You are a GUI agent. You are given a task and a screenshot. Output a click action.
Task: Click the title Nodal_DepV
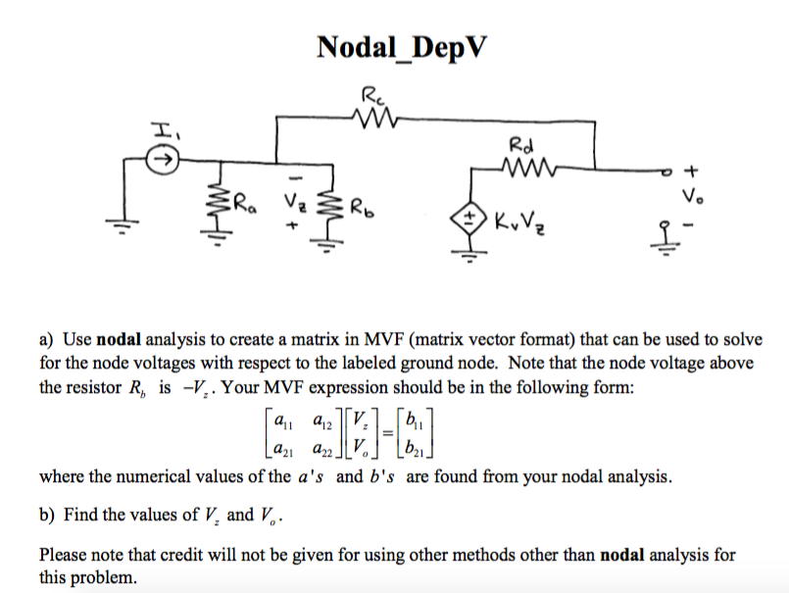(x=401, y=47)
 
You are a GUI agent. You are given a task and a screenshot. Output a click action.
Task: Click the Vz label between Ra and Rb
(x=293, y=205)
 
